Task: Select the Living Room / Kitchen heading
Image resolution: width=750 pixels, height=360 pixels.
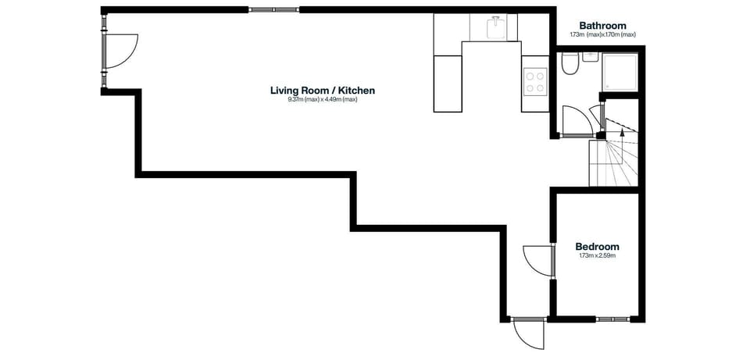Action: click(322, 91)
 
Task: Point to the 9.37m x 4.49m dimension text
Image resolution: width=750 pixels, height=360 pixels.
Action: click(322, 100)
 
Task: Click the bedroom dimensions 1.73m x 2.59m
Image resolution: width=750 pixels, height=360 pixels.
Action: click(597, 256)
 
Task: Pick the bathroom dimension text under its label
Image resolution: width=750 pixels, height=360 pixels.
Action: click(602, 35)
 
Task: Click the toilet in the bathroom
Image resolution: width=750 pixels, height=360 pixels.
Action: click(569, 64)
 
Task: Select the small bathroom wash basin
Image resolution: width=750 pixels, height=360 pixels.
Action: click(590, 56)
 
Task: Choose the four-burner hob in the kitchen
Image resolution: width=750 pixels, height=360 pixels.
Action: click(535, 82)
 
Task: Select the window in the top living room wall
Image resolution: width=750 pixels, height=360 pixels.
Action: click(273, 10)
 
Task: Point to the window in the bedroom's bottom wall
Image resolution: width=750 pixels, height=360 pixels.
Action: click(612, 319)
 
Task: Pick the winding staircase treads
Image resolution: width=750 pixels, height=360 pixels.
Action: click(613, 164)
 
